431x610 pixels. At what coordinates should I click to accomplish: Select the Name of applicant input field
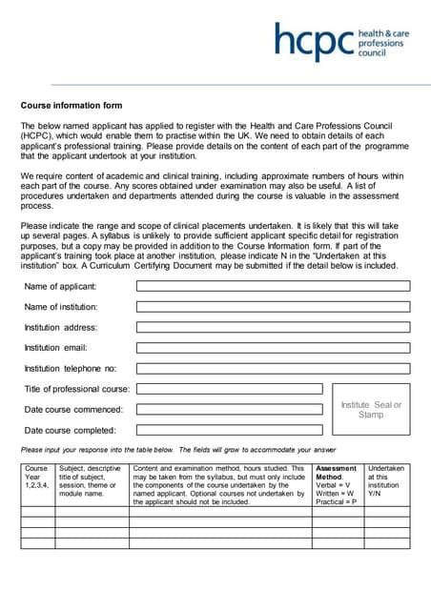tap(273, 286)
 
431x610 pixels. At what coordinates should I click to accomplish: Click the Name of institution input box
tap(273, 307)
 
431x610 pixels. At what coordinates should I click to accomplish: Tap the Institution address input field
tap(273, 327)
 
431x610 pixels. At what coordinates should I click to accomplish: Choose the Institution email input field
tap(273, 348)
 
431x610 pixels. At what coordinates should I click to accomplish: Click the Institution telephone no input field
tap(273, 368)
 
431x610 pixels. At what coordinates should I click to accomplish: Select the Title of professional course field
tap(230, 389)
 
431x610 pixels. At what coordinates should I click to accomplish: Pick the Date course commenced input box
tap(230, 409)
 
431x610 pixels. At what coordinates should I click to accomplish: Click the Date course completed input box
tap(230, 430)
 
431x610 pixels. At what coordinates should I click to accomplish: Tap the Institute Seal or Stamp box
tap(371, 410)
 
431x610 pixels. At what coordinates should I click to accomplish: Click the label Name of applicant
tap(60, 286)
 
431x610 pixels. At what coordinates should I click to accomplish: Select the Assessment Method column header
tap(337, 473)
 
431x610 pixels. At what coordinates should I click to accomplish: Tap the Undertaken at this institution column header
tap(386, 481)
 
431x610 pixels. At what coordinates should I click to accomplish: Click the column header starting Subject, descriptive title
tap(91, 481)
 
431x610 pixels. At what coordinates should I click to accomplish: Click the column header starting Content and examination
tap(219, 484)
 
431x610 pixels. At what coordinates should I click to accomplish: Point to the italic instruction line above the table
tap(178, 449)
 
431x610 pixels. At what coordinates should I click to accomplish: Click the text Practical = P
tap(337, 501)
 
